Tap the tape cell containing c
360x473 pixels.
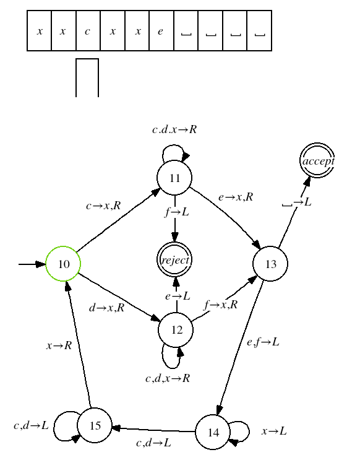(x=88, y=31)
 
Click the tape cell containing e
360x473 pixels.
(x=161, y=31)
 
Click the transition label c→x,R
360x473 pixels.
(x=103, y=206)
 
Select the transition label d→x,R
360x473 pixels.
(x=107, y=308)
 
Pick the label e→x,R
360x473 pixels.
(x=236, y=197)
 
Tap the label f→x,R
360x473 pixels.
(x=221, y=305)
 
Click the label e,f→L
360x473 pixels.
(x=263, y=342)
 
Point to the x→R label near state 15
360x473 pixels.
(x=59, y=345)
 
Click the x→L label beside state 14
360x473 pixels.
(x=274, y=431)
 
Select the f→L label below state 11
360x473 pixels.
(x=177, y=212)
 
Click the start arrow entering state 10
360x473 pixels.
(x=32, y=264)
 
